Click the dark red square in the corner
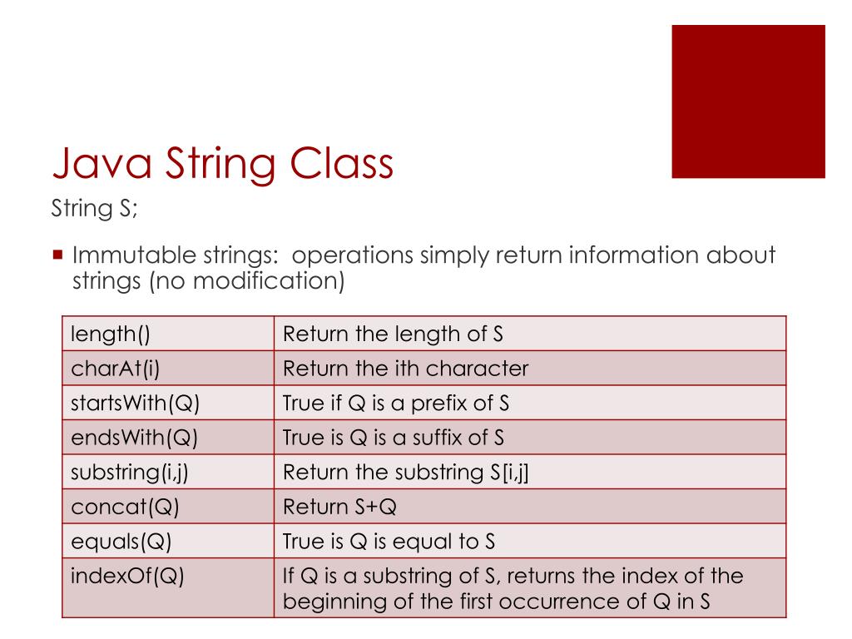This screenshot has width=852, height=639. (x=748, y=101)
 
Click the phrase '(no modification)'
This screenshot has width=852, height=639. (x=246, y=280)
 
